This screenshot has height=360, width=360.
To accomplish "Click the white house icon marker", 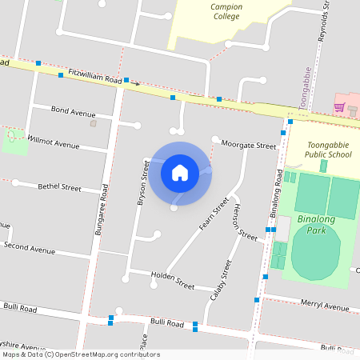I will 180,172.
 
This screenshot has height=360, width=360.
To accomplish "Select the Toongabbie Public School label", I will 318,150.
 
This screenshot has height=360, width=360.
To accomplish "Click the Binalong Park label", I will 321,223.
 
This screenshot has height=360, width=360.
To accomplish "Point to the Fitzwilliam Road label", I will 94,76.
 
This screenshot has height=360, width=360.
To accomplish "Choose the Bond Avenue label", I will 73,112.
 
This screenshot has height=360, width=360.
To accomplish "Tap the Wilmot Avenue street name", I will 54,142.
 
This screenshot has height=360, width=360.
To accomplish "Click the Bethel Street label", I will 59,188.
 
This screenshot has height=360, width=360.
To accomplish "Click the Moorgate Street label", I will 249,146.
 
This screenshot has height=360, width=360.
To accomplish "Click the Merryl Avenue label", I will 326,306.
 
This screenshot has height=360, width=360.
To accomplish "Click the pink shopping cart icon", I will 339,108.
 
